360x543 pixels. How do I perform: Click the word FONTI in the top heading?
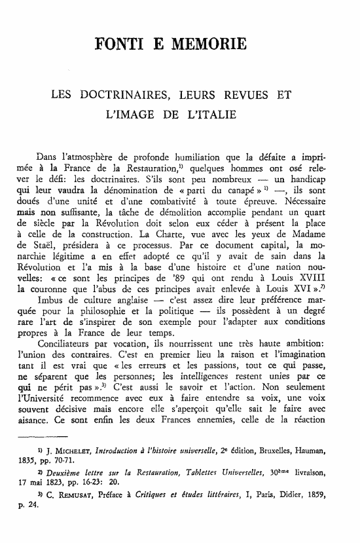click(120, 45)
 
